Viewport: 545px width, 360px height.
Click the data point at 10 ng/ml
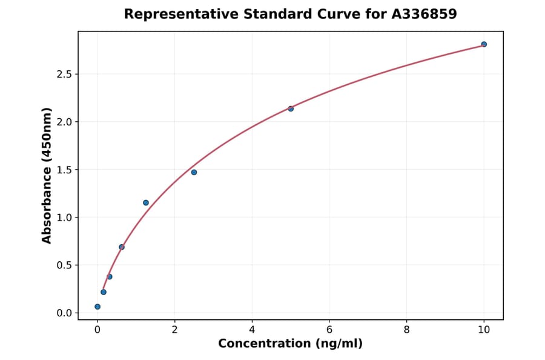point(484,44)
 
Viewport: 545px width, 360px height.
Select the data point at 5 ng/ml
point(291,108)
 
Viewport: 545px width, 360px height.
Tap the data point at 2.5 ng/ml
point(194,172)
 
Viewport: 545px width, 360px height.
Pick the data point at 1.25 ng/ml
point(146,202)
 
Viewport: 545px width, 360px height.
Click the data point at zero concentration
point(97,307)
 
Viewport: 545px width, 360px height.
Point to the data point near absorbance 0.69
point(122,247)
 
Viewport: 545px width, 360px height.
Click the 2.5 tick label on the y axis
point(64,74)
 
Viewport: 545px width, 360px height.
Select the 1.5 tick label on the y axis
point(64,170)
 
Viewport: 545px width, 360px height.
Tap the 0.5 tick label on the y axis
point(64,265)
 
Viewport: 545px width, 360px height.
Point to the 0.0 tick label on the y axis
point(64,313)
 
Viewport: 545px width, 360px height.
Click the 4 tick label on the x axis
point(252,330)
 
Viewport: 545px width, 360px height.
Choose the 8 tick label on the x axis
point(406,330)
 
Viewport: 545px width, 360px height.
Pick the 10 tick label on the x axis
point(484,330)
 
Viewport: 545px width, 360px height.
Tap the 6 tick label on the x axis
point(329,330)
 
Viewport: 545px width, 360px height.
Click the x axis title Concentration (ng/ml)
point(291,344)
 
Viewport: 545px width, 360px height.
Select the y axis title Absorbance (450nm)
point(47,175)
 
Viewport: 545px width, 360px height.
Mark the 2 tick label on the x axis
point(175,330)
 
